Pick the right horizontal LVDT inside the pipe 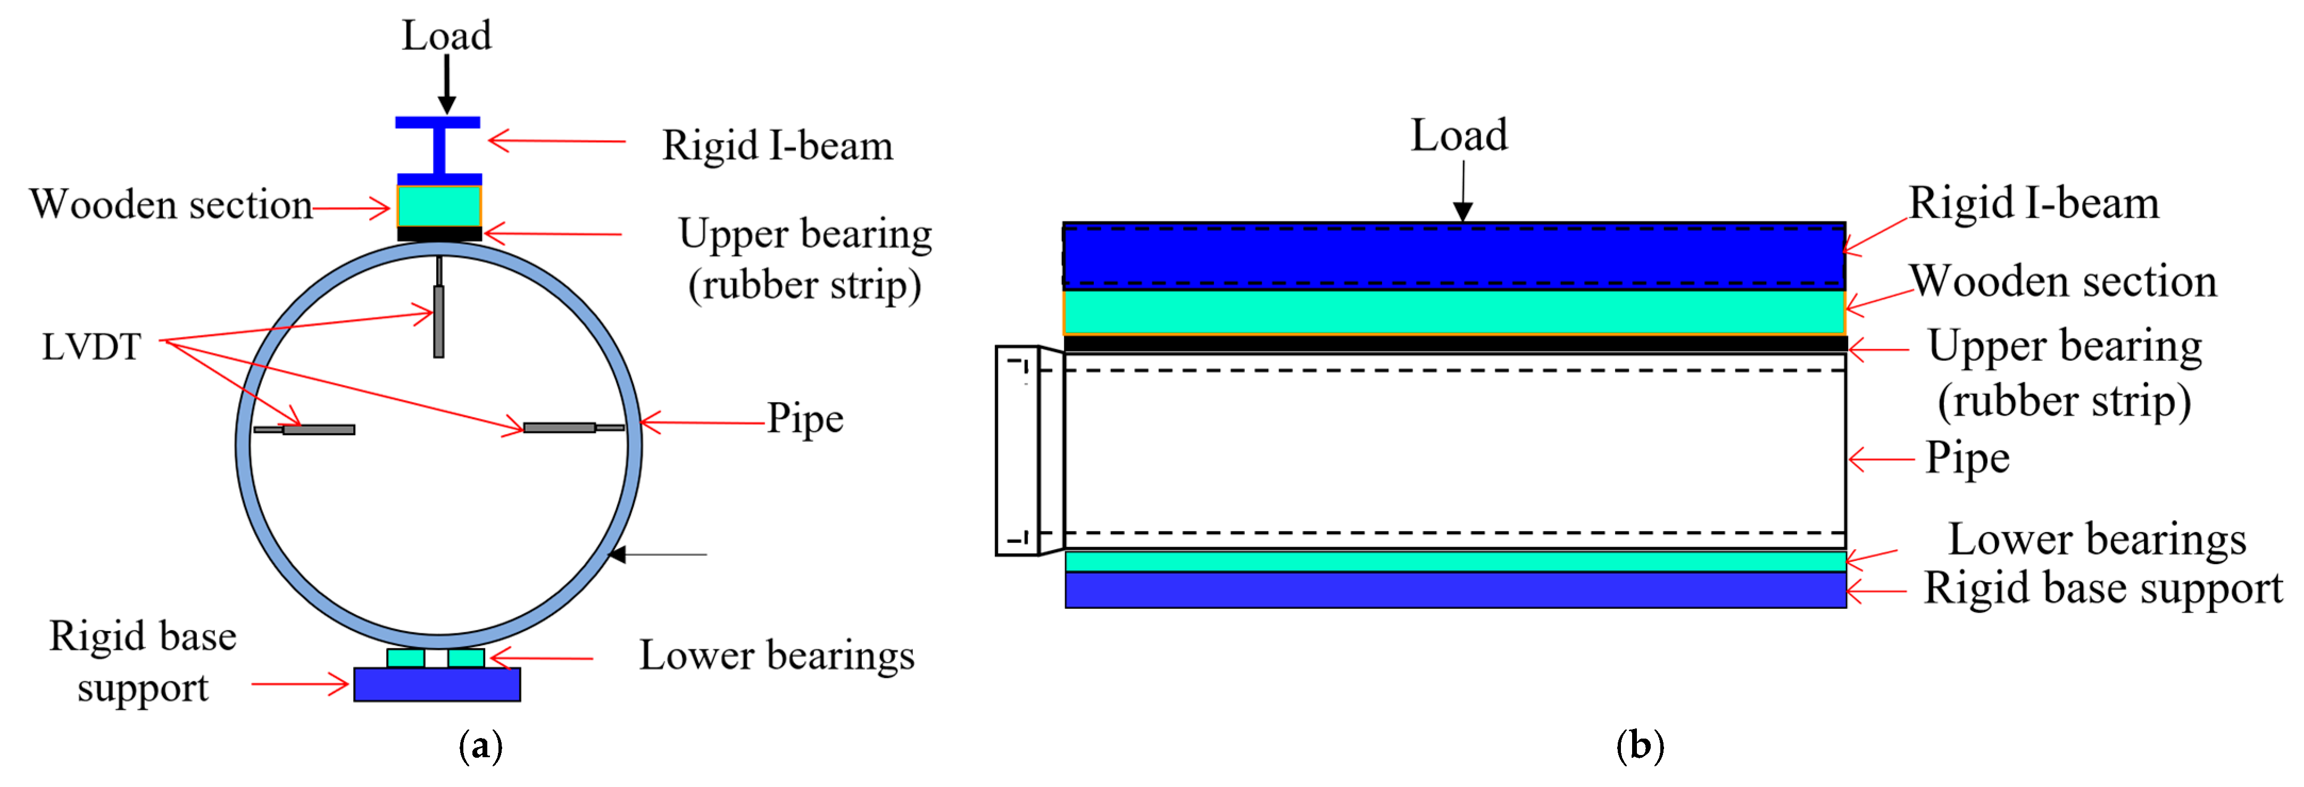(x=560, y=427)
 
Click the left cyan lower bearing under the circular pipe (x=406, y=658)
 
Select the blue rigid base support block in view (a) (x=437, y=684)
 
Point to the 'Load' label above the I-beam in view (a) (x=446, y=36)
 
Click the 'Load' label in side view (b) (x=1459, y=136)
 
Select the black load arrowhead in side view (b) (x=1462, y=211)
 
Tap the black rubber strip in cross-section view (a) (x=439, y=234)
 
